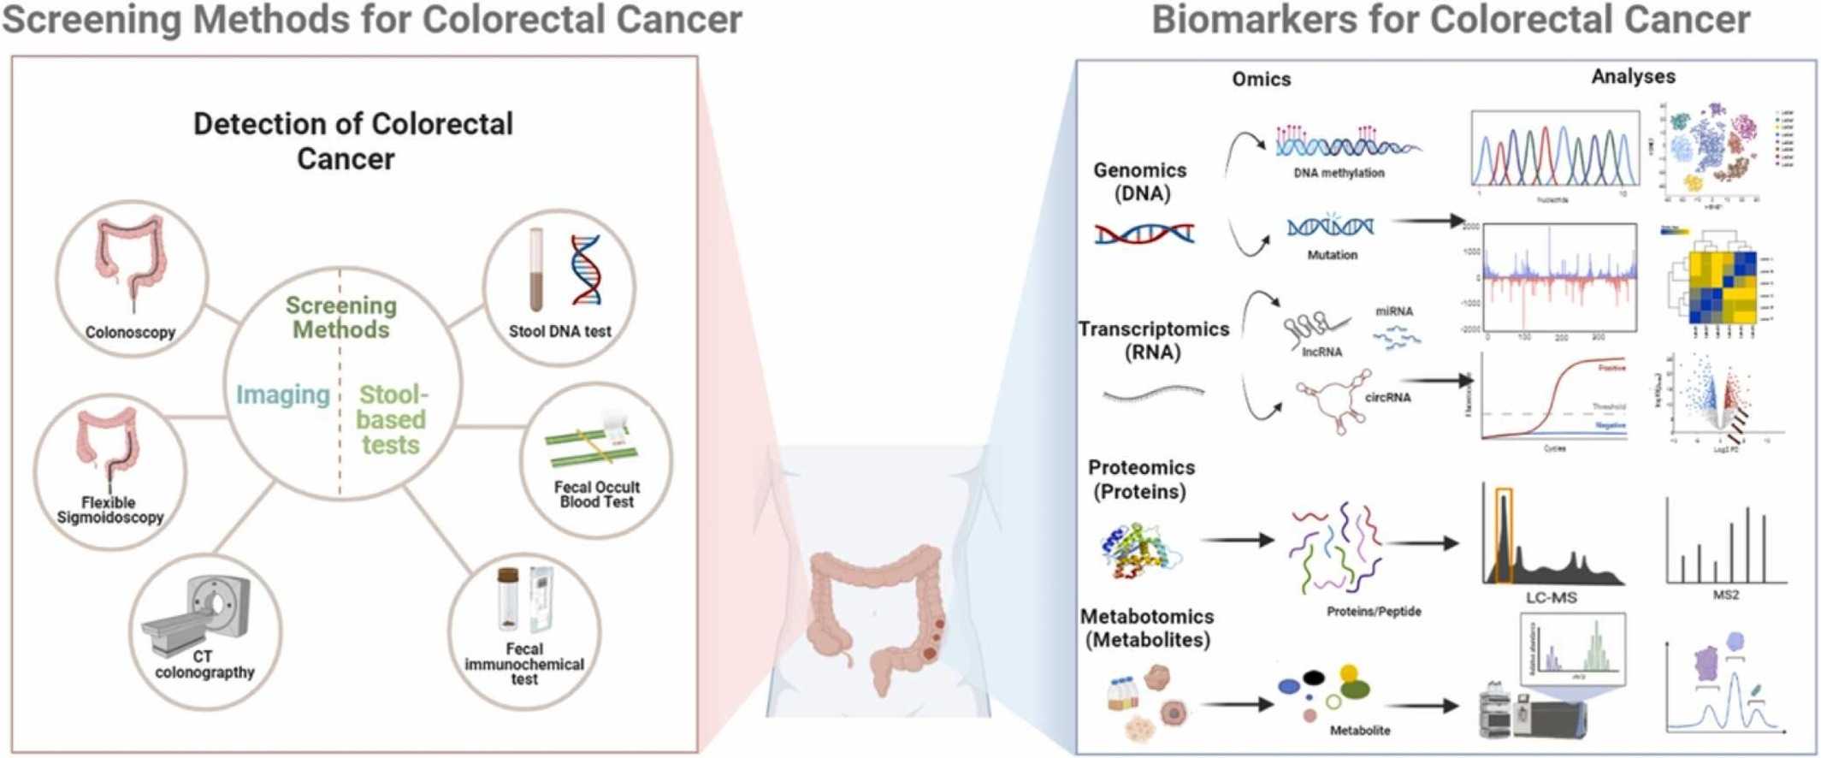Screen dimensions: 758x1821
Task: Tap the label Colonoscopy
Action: (x=130, y=333)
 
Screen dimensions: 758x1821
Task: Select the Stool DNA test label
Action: (x=559, y=332)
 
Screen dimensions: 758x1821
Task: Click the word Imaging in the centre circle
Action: (x=283, y=395)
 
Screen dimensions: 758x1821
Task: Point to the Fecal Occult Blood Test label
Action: (x=596, y=494)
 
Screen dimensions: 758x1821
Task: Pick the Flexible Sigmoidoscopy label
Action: (x=109, y=510)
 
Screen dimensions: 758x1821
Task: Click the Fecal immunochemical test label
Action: (x=524, y=664)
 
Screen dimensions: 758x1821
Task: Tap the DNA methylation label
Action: (x=1339, y=173)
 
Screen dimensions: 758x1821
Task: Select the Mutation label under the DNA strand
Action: (x=1332, y=255)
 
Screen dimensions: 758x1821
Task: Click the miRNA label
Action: (x=1394, y=311)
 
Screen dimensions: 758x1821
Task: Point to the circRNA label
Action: (x=1387, y=398)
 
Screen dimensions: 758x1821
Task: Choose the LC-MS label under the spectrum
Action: (x=1551, y=598)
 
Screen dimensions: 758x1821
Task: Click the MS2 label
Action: (x=1725, y=595)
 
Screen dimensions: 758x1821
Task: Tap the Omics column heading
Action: (x=1261, y=80)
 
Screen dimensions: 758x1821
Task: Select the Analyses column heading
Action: (x=1633, y=77)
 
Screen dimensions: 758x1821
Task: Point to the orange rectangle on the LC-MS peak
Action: (x=1503, y=535)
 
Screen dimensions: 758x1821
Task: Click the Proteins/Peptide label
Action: (x=1374, y=612)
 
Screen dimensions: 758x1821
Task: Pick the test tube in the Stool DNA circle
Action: (x=536, y=269)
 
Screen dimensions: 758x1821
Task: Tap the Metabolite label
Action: (x=1360, y=731)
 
